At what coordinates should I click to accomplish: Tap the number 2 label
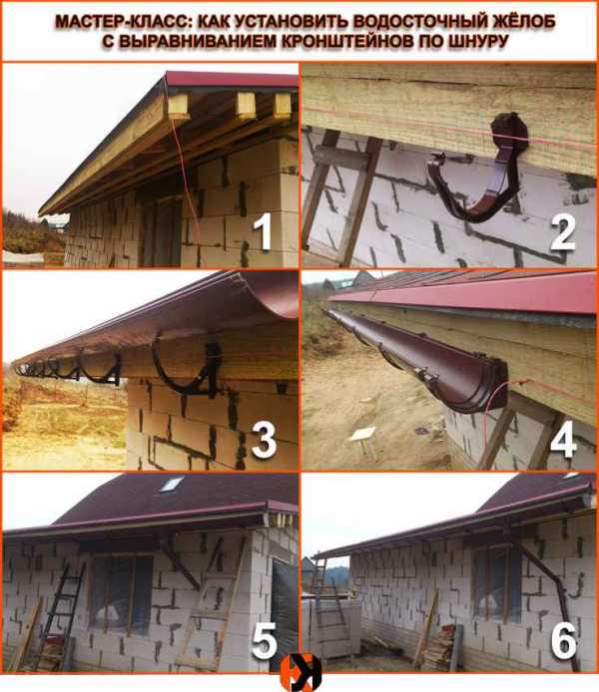tap(563, 233)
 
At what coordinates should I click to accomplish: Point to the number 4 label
tap(563, 440)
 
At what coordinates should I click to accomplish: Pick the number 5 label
tap(265, 641)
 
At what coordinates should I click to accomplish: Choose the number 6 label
tap(564, 641)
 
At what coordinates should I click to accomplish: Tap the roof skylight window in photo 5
tap(172, 485)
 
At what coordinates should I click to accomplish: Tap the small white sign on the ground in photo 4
tap(363, 434)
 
